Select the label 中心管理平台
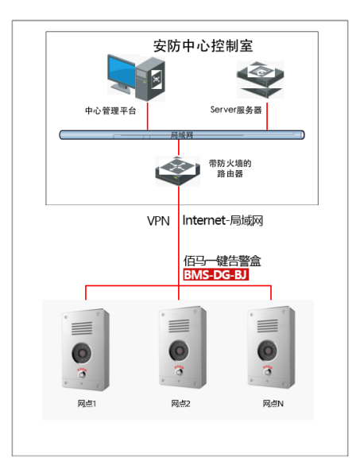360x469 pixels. [110, 110]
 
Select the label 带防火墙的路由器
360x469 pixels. [223, 169]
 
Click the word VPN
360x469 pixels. [158, 220]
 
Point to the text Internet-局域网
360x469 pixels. [223, 220]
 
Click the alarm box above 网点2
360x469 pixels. [179, 350]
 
